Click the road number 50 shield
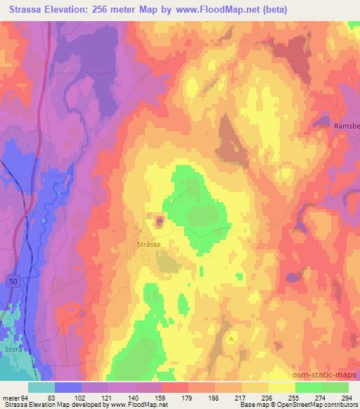coord(13,280)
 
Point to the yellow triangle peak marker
coord(232,337)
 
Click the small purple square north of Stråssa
coord(160,221)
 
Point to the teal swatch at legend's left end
coord(41,388)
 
